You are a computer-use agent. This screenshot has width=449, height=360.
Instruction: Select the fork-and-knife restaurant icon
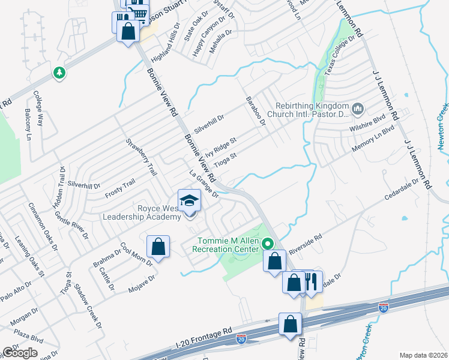point(311,281)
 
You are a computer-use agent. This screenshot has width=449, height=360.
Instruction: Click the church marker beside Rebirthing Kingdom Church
point(358,109)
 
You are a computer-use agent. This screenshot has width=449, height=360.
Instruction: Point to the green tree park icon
point(59,73)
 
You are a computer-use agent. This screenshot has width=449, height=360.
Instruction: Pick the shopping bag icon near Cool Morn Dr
point(158,246)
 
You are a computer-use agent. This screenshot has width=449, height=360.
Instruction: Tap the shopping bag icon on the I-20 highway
point(291,323)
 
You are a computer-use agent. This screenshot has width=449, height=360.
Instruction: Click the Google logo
point(20,353)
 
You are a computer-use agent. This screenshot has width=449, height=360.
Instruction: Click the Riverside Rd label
point(305,242)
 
